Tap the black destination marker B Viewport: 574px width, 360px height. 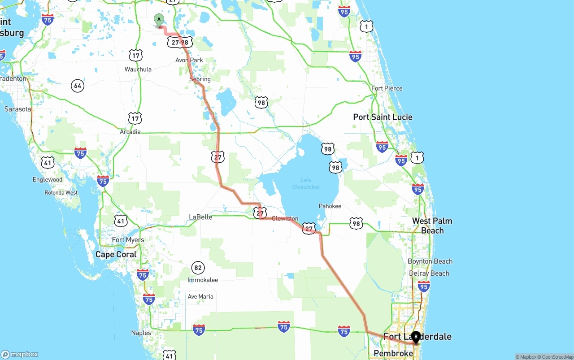[416, 337]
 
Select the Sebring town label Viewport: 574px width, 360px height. [200, 79]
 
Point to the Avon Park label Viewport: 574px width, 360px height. [189, 60]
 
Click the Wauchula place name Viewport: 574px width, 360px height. [138, 69]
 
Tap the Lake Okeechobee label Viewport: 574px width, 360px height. [306, 183]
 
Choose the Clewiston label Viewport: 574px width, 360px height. [285, 219]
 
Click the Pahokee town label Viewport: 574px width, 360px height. [330, 206]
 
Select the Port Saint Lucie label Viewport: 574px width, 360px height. [383, 117]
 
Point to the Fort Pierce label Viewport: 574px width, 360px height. [387, 88]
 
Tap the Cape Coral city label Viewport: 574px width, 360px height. [117, 254]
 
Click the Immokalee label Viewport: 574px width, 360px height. [203, 280]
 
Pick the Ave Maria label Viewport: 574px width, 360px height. [200, 297]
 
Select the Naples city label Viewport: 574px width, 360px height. [141, 333]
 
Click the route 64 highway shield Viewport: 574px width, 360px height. [78, 85]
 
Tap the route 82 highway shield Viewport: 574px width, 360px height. [198, 268]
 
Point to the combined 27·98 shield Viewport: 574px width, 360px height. [180, 43]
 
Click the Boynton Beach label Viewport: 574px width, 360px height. [430, 261]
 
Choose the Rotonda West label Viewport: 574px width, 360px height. [61, 193]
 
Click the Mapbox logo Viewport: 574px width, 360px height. [20, 354]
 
